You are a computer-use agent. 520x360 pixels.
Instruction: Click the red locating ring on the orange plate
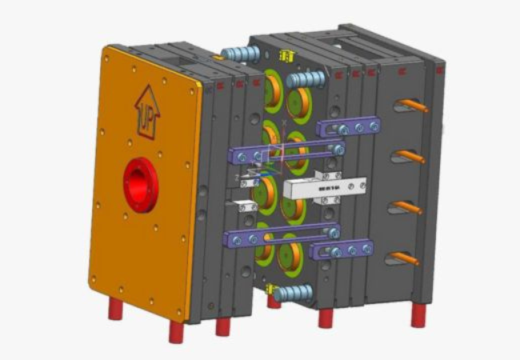pos(141,183)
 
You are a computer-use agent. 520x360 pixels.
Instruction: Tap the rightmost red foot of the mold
pos(418,315)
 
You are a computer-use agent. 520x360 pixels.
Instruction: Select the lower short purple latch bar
pos(342,250)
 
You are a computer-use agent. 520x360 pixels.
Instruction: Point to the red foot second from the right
pos(326,318)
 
